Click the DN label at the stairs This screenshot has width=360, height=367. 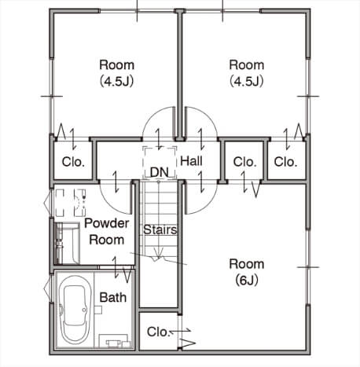160,172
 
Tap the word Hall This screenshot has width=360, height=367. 191,160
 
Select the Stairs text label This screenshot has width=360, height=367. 160,229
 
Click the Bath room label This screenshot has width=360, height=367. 113,297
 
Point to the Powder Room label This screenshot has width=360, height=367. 107,232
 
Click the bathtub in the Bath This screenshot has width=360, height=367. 75,310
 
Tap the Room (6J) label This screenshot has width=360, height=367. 247,272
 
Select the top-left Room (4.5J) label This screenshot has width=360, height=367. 117,73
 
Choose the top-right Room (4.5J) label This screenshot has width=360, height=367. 247,73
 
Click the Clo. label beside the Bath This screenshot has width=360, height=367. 159,332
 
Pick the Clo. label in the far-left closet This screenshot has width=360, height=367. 73,162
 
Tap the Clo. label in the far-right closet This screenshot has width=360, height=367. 285,162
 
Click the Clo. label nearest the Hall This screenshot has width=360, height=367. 244,162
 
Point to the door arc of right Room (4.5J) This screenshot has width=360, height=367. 207,116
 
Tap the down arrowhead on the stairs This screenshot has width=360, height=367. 158,253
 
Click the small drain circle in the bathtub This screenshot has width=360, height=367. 84,310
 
